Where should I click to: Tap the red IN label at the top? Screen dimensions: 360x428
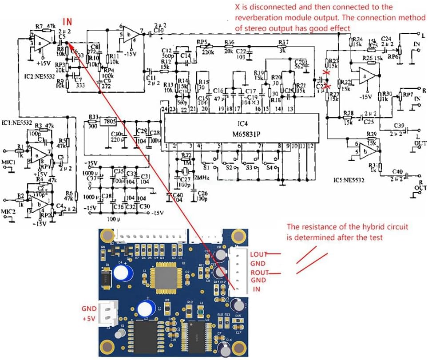pyautogui.click(x=67, y=21)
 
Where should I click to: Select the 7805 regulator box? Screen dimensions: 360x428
pyautogui.click(x=109, y=122)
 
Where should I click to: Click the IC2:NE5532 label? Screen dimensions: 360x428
pyautogui.click(x=38, y=76)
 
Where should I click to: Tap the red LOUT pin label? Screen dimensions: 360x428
pyautogui.click(x=259, y=254)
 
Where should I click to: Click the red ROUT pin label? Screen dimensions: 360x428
pyautogui.click(x=259, y=273)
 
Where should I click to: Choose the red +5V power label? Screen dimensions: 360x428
pyautogui.click(x=89, y=319)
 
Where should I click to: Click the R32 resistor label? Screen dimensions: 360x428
pyautogui.click(x=187, y=155)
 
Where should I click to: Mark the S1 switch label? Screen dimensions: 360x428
pyautogui.click(x=206, y=168)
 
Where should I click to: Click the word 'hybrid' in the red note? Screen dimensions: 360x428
pyautogui.click(x=346, y=226)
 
